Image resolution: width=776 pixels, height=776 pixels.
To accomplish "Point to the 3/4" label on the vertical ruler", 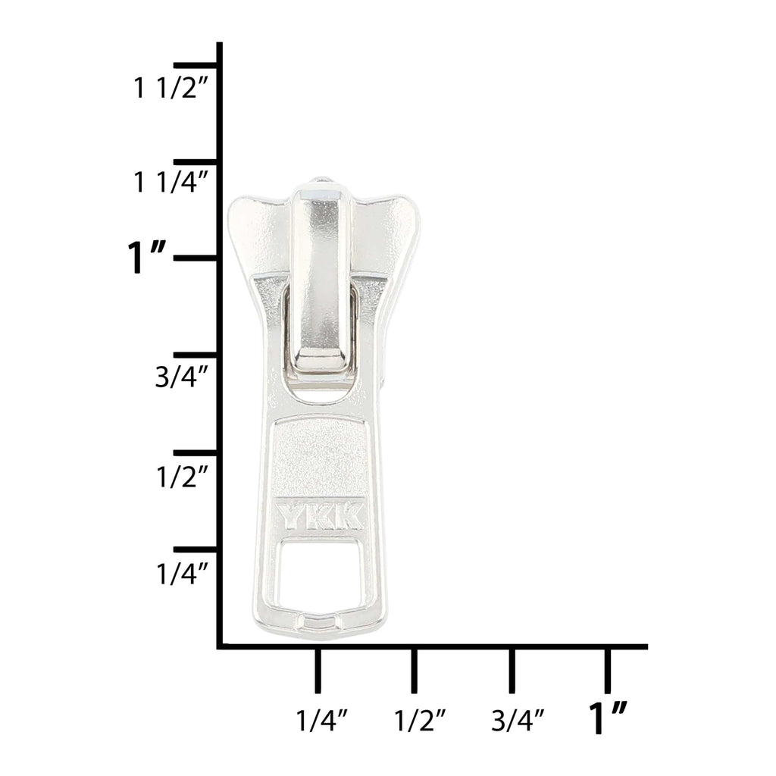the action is [x=181, y=377].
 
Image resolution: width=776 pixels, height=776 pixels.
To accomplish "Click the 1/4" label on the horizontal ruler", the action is [x=322, y=720].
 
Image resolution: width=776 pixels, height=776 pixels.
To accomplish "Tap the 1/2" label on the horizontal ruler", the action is [x=420, y=720].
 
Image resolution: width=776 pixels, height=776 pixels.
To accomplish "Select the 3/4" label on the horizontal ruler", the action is [x=518, y=720].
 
